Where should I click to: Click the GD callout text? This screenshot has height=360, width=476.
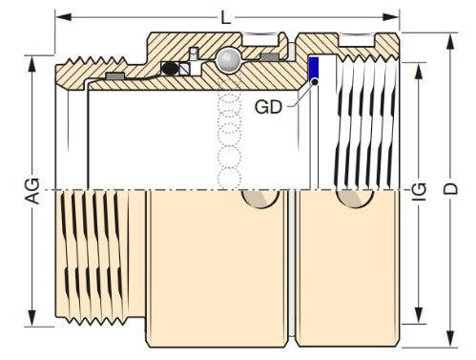pos(268,107)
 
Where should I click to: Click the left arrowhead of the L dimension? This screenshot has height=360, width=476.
pos(60,16)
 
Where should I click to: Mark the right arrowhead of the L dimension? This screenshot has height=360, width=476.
pos(392,16)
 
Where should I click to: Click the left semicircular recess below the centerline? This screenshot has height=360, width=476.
pos(260,197)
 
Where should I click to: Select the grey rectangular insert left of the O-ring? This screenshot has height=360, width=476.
pos(114,75)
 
